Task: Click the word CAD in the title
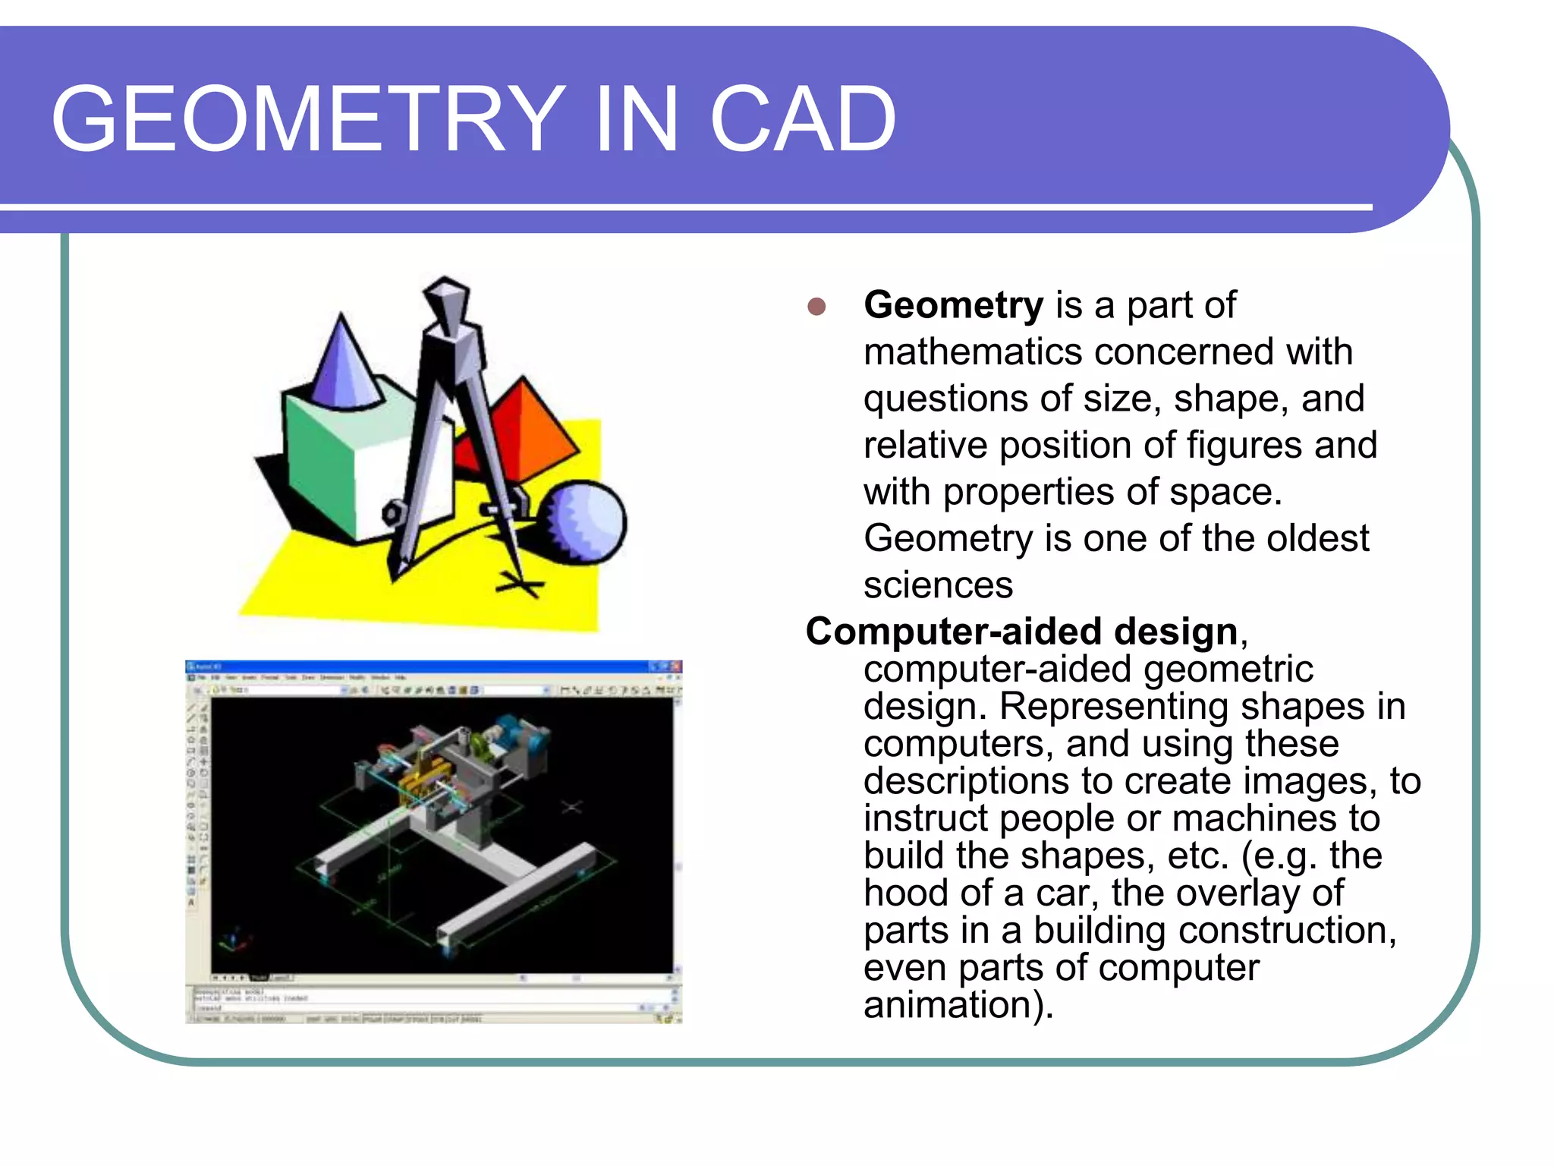(x=802, y=119)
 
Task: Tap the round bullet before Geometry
(x=816, y=307)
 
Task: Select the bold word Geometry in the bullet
(x=954, y=305)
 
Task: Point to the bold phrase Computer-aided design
(x=1021, y=632)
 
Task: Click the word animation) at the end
(x=958, y=1005)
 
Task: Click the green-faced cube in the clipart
(x=319, y=463)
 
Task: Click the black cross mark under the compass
(x=521, y=585)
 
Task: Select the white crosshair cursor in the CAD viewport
(x=572, y=806)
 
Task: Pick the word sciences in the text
(x=938, y=585)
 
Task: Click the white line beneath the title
(x=683, y=206)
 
